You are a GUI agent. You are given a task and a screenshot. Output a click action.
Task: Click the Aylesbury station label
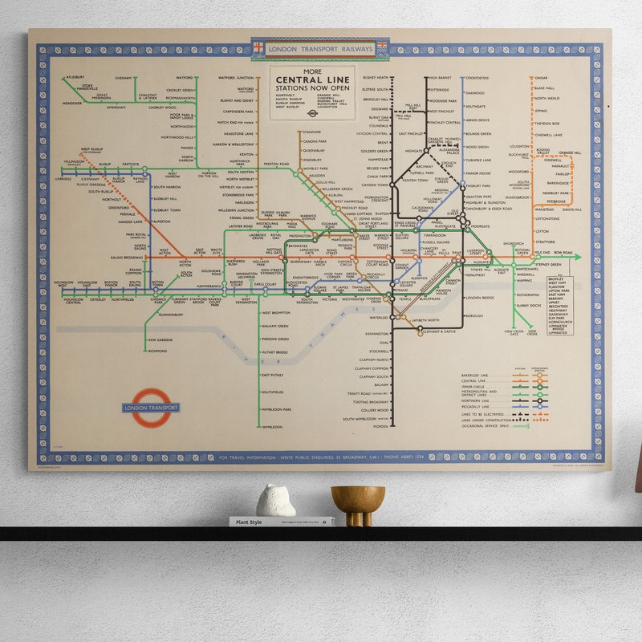pos(75,78)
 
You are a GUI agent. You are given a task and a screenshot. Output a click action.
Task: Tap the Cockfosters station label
pos(477,78)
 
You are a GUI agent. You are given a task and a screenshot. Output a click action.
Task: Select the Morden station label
pos(380,425)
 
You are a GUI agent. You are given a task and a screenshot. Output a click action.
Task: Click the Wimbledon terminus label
pos(272,427)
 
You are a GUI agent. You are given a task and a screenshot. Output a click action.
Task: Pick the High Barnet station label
pos(440,78)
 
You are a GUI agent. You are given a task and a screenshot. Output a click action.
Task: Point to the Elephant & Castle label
pos(438,331)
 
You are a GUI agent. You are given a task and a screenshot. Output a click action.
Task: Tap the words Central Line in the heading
pos(312,79)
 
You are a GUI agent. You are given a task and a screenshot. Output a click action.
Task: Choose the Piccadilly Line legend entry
pos(475,405)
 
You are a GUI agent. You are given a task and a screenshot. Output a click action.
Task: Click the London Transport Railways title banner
pos(320,49)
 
